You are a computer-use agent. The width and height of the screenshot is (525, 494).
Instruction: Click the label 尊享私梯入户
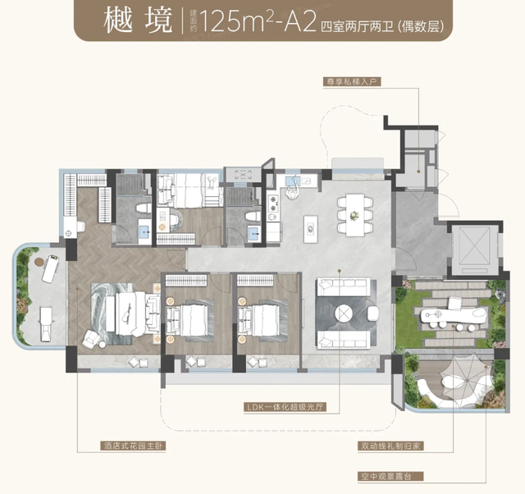click(x=352, y=82)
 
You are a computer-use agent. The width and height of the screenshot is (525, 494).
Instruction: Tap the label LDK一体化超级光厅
click(x=285, y=407)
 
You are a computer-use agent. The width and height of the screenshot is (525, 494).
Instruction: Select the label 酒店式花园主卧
click(x=133, y=446)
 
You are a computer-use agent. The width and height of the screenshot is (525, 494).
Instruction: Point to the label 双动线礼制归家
click(x=390, y=446)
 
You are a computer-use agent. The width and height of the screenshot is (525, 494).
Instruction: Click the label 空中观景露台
click(x=390, y=476)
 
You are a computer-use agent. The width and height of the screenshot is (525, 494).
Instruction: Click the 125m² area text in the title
click(x=235, y=21)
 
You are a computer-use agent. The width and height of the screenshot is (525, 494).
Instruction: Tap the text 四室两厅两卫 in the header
click(x=357, y=26)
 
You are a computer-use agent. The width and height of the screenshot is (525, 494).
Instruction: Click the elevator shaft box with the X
click(x=474, y=248)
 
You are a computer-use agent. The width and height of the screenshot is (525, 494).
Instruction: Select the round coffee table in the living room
click(x=344, y=313)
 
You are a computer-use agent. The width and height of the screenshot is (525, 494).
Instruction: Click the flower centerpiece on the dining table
click(x=354, y=215)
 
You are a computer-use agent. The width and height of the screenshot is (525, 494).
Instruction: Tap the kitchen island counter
click(x=311, y=229)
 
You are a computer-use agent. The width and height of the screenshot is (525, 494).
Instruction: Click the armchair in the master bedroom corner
click(x=91, y=339)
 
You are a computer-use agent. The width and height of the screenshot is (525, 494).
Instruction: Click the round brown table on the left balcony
click(x=39, y=261)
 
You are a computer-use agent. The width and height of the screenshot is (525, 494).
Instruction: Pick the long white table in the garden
click(x=451, y=315)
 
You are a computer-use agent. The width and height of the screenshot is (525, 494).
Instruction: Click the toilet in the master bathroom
click(x=144, y=208)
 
